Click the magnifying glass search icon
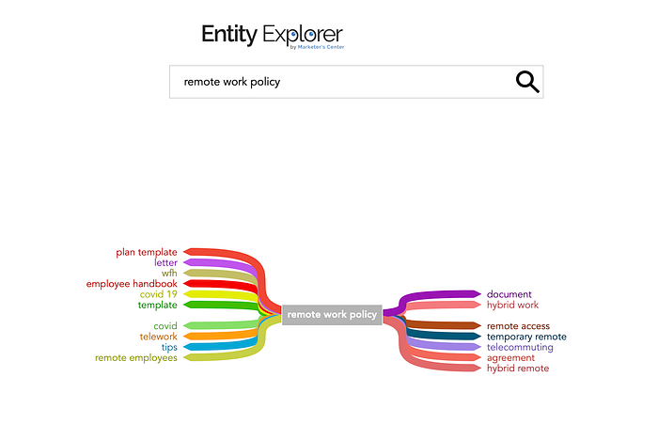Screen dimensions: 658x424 click(x=527, y=82)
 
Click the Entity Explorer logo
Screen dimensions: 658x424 click(x=272, y=36)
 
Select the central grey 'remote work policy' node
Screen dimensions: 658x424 click(x=332, y=315)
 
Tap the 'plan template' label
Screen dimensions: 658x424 click(x=147, y=252)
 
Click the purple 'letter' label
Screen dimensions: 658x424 click(x=165, y=263)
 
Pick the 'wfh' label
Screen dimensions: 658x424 click(x=169, y=274)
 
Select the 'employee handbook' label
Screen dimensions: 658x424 click(x=132, y=284)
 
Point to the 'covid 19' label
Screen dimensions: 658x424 click(x=158, y=294)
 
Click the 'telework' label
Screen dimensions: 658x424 click(x=158, y=336)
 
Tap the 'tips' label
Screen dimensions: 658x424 click(x=169, y=347)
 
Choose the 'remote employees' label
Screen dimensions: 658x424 click(x=136, y=357)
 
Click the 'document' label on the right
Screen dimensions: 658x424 click(x=509, y=294)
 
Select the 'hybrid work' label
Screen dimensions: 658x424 click(x=512, y=305)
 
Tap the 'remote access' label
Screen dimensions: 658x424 click(x=518, y=326)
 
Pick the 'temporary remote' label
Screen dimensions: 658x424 click(x=526, y=337)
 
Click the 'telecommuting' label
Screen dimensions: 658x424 click(x=520, y=347)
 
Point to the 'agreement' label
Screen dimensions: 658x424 click(x=510, y=357)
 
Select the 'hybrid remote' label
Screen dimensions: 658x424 click(x=518, y=368)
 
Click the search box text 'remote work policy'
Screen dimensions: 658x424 click(x=232, y=82)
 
